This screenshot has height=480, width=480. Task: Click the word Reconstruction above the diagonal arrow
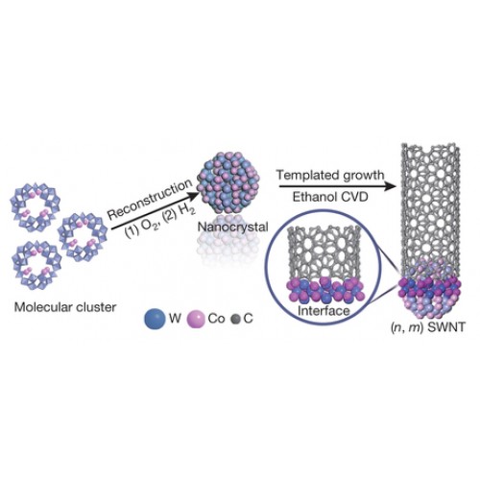(x=150, y=200)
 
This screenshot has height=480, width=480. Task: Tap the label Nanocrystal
(x=233, y=227)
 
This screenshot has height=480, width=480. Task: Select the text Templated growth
(x=330, y=176)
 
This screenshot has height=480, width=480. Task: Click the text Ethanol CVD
(x=330, y=197)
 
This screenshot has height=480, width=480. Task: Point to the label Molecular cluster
(x=65, y=307)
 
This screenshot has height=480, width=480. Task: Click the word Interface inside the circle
(x=324, y=310)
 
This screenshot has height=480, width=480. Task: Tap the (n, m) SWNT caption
(x=427, y=327)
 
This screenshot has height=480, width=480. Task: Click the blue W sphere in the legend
(x=156, y=319)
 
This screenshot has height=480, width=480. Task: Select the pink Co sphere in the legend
(x=195, y=319)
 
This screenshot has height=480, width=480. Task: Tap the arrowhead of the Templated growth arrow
(x=390, y=186)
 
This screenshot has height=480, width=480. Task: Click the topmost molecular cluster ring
(x=36, y=206)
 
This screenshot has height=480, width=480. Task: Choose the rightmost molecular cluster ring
(x=83, y=237)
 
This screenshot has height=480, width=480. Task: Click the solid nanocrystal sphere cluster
(x=228, y=188)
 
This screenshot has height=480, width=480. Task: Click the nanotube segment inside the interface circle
(x=324, y=253)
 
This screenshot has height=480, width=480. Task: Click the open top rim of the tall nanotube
(x=431, y=148)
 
